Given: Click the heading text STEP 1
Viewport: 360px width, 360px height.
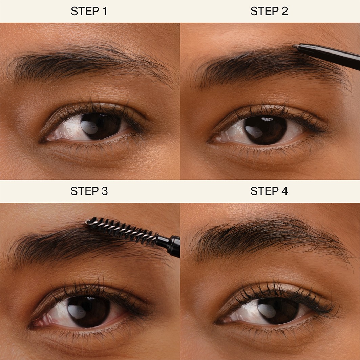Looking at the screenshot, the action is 89,11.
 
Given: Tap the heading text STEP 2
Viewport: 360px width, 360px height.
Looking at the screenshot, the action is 269,11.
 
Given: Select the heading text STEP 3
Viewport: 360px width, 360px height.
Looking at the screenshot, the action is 89,191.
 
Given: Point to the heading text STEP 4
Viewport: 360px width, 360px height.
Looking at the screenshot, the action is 269,191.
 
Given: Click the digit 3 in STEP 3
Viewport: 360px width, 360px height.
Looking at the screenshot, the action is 104,191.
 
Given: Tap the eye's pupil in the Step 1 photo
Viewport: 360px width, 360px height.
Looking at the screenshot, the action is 101,126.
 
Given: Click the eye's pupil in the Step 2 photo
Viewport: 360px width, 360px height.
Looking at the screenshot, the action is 266,130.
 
